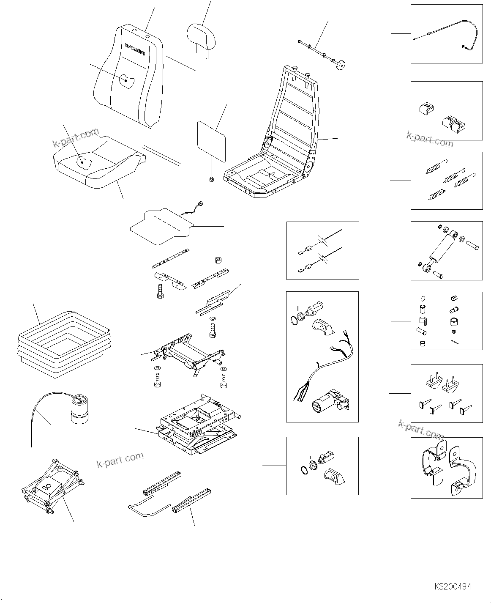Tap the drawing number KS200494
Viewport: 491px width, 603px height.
[452, 587]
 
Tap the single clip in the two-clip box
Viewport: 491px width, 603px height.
[426, 108]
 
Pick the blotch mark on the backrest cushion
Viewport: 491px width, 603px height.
[127, 80]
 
